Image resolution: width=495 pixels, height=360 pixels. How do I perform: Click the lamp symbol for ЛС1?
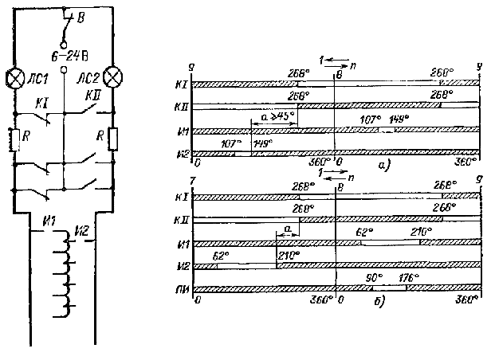(x=15, y=78)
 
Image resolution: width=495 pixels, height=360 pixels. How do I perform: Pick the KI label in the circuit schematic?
(x=40, y=104)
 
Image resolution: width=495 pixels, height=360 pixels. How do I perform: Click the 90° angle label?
(x=371, y=278)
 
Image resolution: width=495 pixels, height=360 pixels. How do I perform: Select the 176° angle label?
(x=414, y=278)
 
